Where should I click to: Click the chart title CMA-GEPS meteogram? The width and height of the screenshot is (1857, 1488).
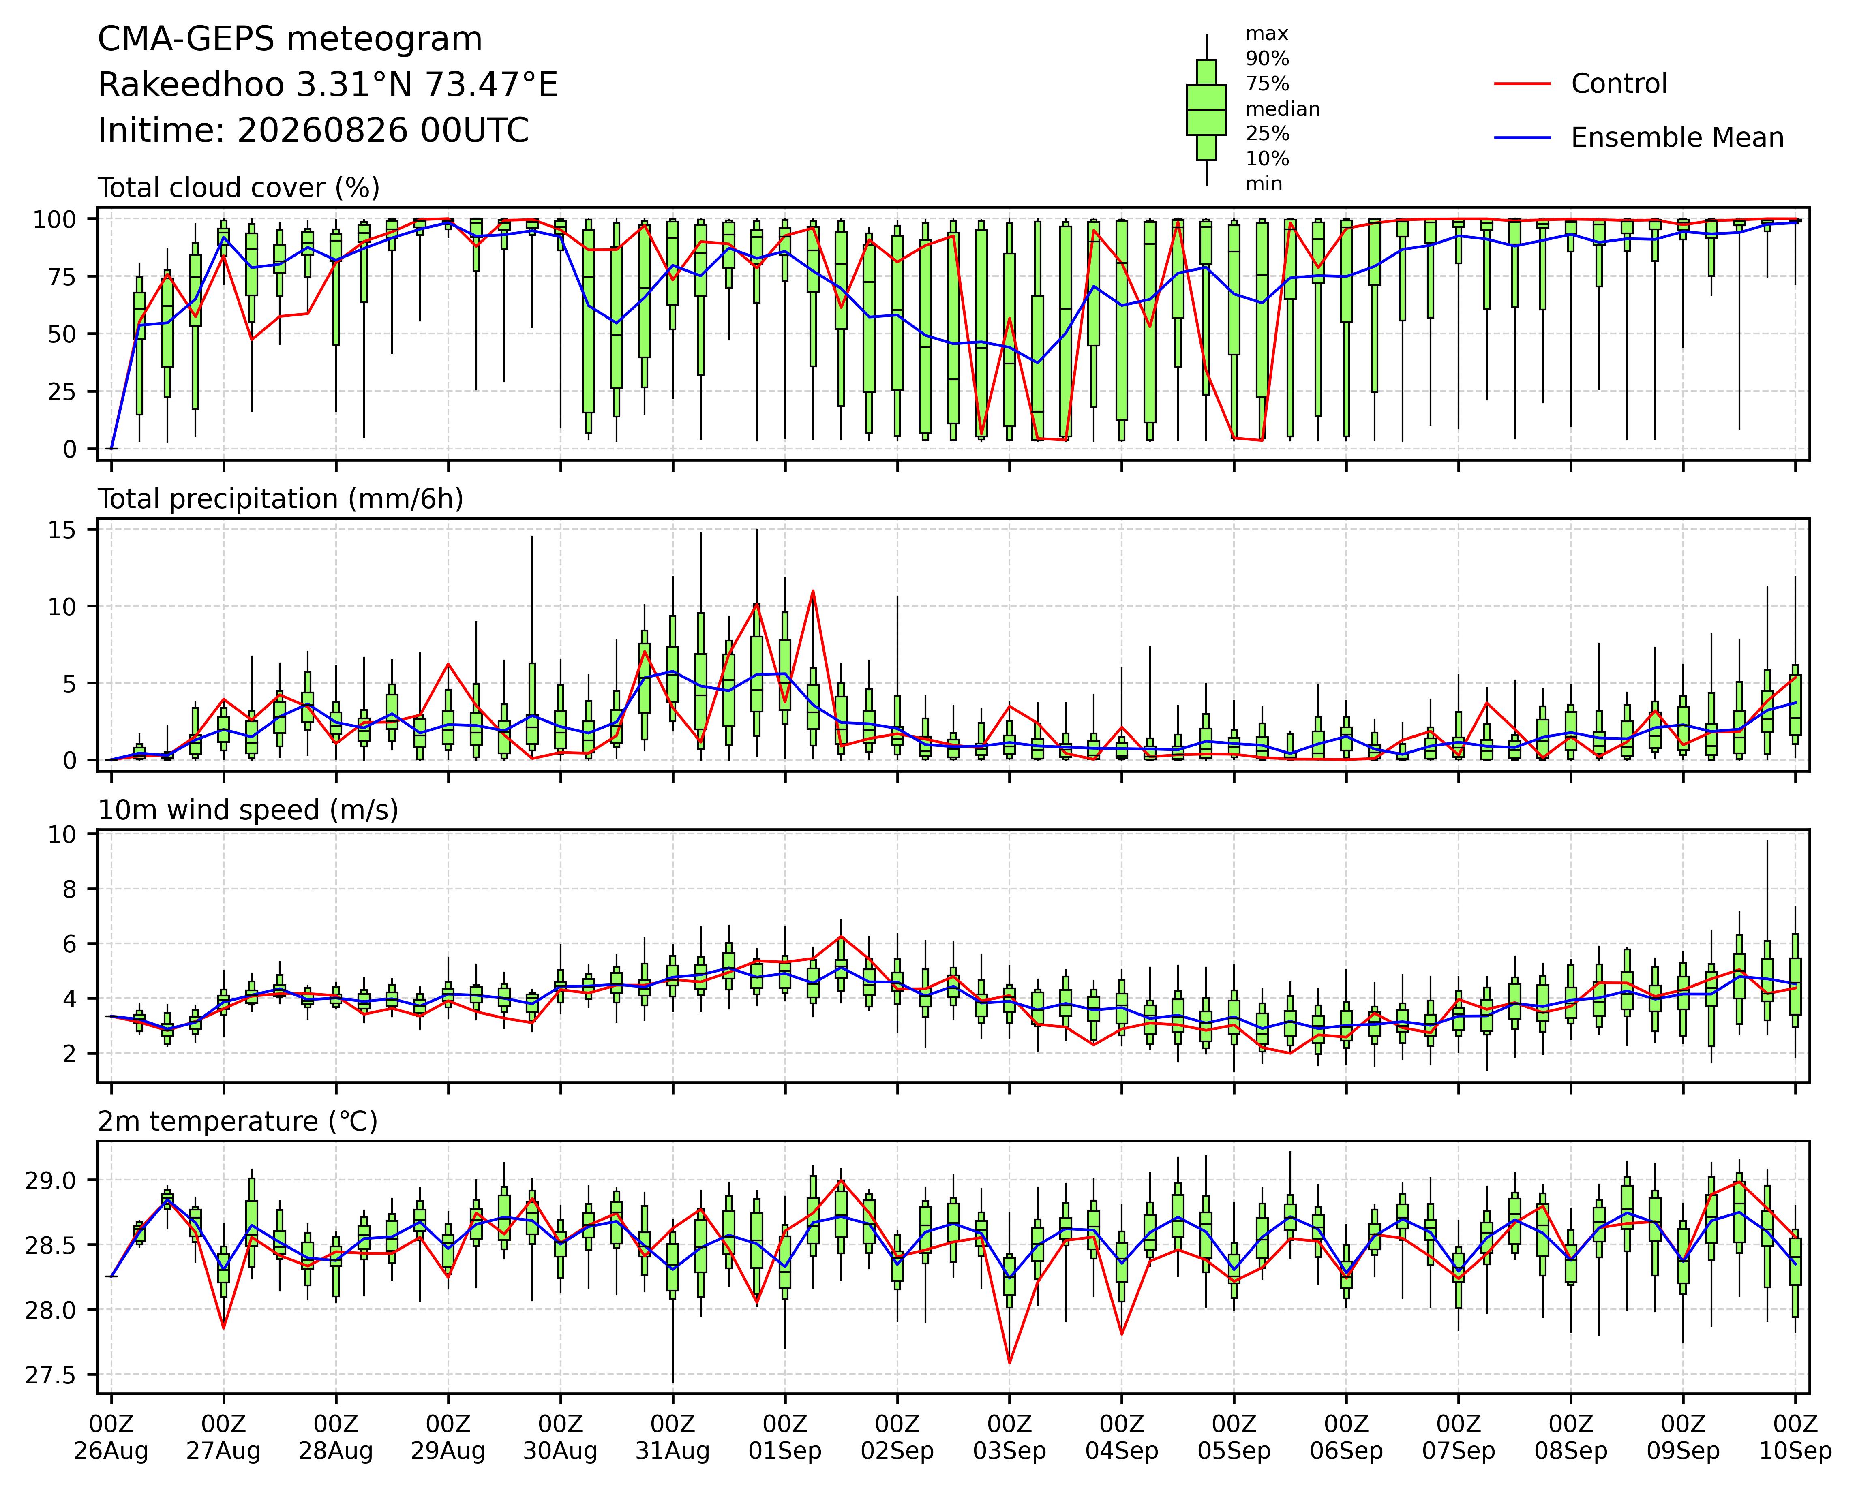click(290, 40)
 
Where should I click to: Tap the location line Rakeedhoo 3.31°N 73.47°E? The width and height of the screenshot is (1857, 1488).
click(328, 85)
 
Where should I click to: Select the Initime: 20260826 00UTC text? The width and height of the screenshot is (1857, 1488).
click(313, 131)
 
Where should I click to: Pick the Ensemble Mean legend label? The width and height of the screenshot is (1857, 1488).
click(1677, 138)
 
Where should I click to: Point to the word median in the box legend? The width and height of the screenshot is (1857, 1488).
click(1283, 109)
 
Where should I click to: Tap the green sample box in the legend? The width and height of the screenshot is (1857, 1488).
click(1206, 109)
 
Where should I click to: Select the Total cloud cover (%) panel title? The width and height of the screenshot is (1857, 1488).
click(239, 188)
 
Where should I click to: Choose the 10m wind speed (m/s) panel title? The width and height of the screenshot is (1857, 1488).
click(248, 810)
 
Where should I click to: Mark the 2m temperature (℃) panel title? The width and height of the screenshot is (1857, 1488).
click(238, 1121)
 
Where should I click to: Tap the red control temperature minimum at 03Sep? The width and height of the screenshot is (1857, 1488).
click(1009, 1362)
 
